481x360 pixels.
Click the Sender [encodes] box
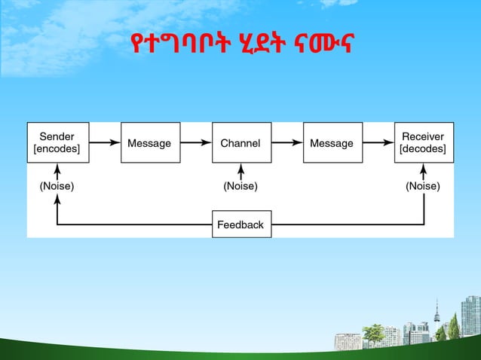point(57,142)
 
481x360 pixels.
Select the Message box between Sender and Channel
point(150,142)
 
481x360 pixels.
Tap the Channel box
point(240,142)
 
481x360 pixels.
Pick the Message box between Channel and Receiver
point(332,142)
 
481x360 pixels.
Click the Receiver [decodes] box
point(423,142)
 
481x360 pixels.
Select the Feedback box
point(240,224)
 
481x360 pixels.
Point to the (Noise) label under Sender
point(57,185)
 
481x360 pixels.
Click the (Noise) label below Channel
point(240,185)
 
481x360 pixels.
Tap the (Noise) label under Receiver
point(423,185)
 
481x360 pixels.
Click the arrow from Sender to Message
point(104,142)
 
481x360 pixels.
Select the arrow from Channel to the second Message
point(286,142)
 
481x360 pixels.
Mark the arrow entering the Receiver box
point(378,142)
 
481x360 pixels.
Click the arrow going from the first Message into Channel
point(196,142)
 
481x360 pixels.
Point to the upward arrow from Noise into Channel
point(240,170)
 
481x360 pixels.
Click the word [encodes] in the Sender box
point(57,149)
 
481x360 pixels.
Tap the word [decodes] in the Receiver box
point(423,149)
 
